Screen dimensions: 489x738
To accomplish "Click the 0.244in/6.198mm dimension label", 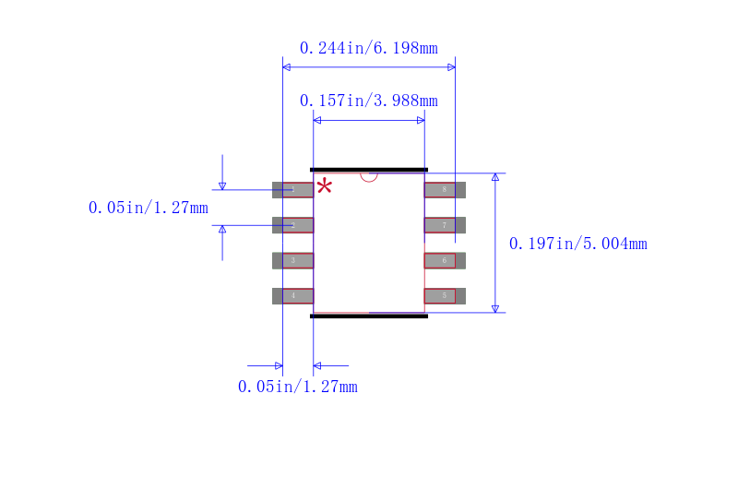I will pos(368,48).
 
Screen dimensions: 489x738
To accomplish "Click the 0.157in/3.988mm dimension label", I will pos(368,101).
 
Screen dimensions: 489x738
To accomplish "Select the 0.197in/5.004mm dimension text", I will pos(577,244).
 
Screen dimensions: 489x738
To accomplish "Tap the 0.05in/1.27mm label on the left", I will pos(148,208).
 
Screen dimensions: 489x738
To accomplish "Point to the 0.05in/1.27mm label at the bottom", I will pos(297,387).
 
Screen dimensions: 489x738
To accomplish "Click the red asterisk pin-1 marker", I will pos(325,187).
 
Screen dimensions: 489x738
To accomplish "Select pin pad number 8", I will pos(444,190).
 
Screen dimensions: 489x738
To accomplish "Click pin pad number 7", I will pos(444,225).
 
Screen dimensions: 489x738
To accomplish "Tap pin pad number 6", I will pos(444,260).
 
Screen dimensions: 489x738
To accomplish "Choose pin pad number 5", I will pos(444,296).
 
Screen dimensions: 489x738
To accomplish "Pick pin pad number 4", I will pos(293,296).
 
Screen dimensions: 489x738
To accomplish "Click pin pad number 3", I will pos(293,260).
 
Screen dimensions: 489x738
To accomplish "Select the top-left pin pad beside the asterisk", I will pos(293,190).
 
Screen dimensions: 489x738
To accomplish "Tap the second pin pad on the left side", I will pos(293,225).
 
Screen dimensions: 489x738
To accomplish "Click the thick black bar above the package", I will pos(369,170).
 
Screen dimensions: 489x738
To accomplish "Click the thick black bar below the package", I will pos(369,316).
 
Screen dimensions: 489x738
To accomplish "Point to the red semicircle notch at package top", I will pos(369,176).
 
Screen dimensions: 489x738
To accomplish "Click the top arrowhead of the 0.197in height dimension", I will pos(495,177).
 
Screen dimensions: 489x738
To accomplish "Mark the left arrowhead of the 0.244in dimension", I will pos(287,67).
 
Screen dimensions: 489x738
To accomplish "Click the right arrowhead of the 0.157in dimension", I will pos(421,120).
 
